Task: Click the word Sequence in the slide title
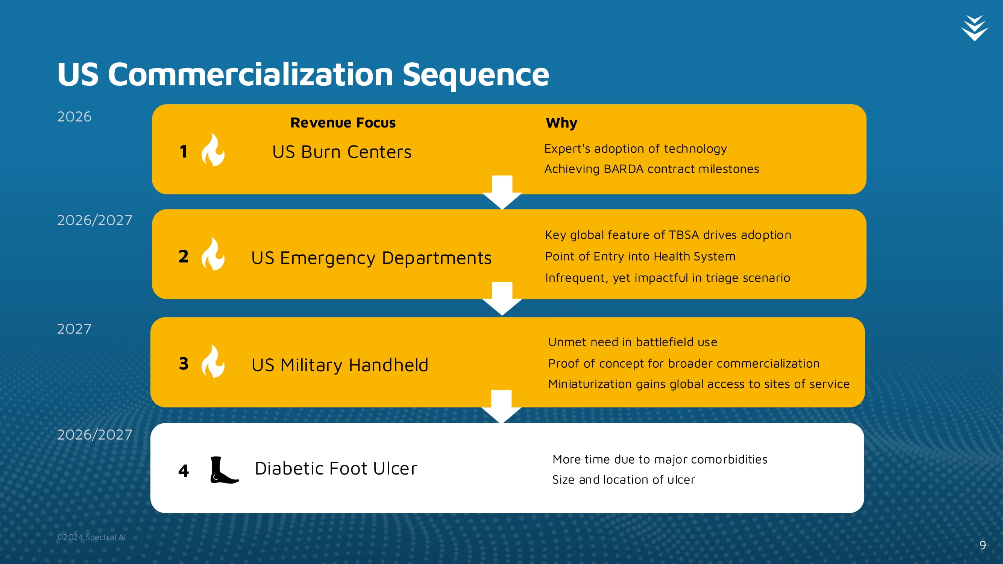475,75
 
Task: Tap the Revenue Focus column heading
343,123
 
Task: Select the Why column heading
561,123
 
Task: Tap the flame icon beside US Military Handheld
213,361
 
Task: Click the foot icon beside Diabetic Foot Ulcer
224,470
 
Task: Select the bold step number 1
184,152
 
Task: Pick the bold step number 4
184,471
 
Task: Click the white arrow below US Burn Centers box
502,192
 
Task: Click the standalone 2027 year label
74,329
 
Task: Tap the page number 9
982,545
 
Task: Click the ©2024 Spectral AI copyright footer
91,537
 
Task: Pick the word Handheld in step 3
388,365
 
